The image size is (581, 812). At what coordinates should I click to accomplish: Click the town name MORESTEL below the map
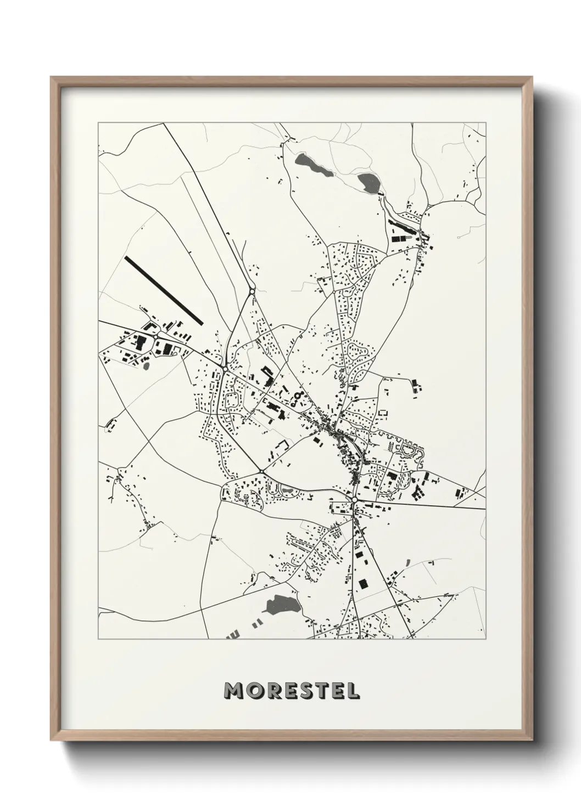(292, 690)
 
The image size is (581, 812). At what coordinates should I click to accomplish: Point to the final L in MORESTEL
(353, 690)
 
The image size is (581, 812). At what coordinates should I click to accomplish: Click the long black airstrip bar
(164, 290)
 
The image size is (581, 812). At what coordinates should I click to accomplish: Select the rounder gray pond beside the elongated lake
(367, 183)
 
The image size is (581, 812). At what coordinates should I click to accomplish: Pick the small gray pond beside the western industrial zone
(146, 364)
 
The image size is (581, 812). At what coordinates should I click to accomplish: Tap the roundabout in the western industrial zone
(156, 336)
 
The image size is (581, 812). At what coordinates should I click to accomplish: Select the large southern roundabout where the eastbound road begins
(355, 500)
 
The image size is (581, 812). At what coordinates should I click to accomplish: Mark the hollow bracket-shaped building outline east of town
(383, 412)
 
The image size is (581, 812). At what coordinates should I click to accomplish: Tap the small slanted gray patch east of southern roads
(408, 562)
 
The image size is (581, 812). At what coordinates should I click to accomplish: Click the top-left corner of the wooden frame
(52, 77)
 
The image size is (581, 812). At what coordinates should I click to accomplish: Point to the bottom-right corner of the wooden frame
(532, 740)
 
